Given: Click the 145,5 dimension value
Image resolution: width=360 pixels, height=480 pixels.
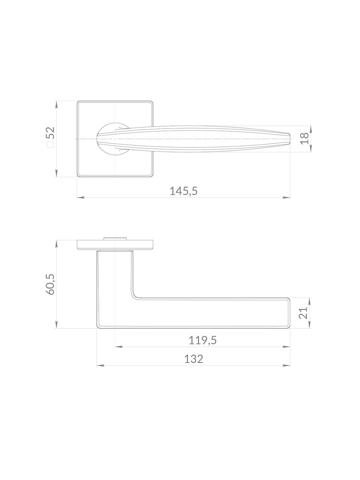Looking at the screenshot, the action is [x=183, y=191].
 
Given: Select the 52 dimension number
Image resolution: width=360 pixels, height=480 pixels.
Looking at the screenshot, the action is [x=51, y=133].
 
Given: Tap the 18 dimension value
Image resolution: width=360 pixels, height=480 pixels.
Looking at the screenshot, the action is [x=304, y=139].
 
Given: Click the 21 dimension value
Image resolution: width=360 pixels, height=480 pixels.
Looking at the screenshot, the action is [x=303, y=313].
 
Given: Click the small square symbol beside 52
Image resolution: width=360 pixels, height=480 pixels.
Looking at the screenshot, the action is [x=50, y=145].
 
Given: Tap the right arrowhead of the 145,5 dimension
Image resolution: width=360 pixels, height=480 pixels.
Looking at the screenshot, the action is [x=287, y=198].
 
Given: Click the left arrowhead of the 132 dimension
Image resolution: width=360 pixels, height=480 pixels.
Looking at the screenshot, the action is [x=100, y=365].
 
